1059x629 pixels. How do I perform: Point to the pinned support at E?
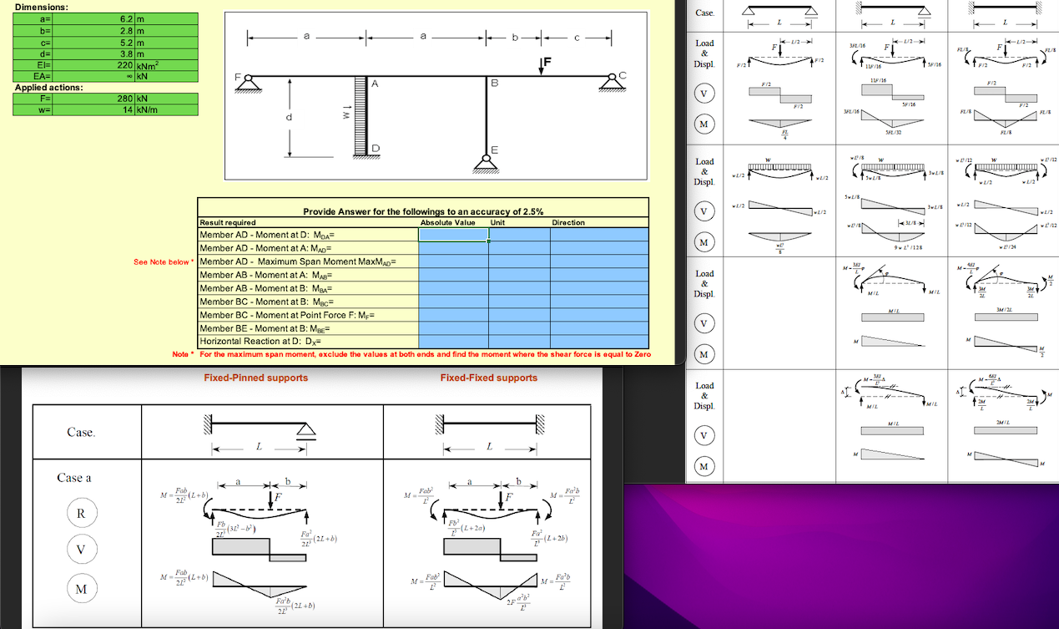point(487,163)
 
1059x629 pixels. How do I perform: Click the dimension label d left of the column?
point(289,118)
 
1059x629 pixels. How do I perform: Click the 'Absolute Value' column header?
point(448,223)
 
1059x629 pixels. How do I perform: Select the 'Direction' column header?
point(567,223)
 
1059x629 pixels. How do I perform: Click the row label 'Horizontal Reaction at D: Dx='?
point(260,342)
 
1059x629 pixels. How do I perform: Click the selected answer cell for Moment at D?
point(452,235)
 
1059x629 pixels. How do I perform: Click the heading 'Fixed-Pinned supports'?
point(256,378)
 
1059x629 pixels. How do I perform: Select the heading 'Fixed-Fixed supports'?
point(489,378)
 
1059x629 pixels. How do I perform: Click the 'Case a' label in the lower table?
point(74,478)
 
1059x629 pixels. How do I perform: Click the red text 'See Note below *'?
point(164,262)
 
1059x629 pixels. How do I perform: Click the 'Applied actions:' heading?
point(48,87)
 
